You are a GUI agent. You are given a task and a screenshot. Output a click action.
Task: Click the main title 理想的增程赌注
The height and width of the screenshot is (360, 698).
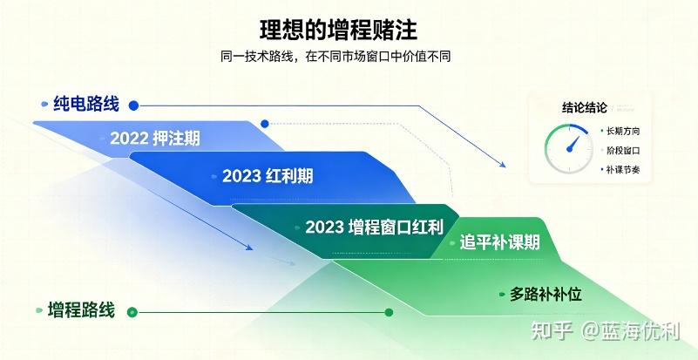click(x=338, y=31)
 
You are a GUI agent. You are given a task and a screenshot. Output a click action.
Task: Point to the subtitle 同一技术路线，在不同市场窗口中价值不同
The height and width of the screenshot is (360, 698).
click(x=335, y=57)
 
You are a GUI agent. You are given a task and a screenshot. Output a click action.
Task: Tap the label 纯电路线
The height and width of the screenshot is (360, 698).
click(x=86, y=104)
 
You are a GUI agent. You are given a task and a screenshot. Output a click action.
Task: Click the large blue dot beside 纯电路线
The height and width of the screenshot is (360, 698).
click(x=133, y=105)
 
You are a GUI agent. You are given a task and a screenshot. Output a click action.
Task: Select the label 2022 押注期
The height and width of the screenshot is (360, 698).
click(x=155, y=139)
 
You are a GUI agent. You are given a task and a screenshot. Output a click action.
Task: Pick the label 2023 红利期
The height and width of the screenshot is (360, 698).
click(x=268, y=176)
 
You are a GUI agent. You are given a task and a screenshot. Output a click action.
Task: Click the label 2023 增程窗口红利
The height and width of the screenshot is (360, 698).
click(x=375, y=228)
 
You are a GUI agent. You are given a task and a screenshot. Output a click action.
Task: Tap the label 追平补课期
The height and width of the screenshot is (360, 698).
click(x=499, y=243)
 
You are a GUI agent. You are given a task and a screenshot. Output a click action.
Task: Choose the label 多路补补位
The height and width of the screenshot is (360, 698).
click(x=546, y=295)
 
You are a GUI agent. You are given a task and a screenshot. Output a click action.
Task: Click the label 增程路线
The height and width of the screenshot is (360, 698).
click(x=81, y=310)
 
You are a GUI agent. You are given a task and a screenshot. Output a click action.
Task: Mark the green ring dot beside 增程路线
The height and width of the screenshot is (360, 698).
click(x=132, y=312)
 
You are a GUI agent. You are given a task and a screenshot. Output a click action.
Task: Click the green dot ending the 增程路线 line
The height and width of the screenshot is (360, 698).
click(x=389, y=312)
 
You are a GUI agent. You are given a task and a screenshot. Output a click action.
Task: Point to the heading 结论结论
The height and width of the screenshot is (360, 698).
click(x=585, y=108)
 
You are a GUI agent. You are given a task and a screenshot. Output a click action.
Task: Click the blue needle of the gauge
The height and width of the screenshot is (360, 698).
click(x=573, y=144)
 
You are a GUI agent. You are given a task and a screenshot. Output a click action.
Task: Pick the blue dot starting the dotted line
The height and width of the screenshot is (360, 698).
click(x=265, y=124)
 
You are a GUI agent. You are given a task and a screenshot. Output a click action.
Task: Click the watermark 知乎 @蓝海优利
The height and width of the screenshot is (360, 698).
click(x=606, y=331)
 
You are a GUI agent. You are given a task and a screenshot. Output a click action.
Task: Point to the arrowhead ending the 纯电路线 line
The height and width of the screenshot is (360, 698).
click(x=503, y=165)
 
